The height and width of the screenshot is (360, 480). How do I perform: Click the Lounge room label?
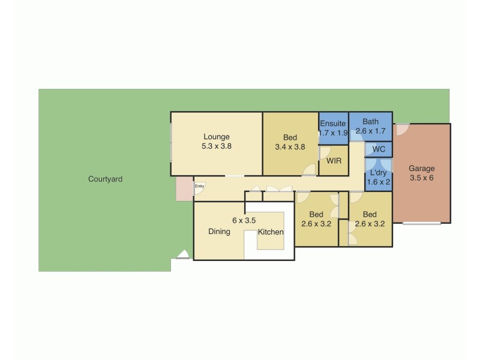216,137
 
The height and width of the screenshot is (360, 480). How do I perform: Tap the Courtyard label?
105,179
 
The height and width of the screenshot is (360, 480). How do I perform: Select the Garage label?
422,169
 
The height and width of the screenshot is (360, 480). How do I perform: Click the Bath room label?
370,121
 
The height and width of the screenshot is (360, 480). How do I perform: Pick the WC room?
379,149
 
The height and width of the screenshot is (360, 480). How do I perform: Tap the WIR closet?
334,161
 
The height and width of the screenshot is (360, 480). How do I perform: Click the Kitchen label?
271,232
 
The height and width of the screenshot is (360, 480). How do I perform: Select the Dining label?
219,232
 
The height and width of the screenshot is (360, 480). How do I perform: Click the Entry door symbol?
199,187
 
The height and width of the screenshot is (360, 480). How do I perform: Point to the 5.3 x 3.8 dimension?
217,146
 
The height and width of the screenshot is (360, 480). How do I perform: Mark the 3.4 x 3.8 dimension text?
290,146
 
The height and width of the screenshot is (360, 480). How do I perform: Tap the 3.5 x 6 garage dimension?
422,178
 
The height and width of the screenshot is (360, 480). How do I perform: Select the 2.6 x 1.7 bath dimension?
370,130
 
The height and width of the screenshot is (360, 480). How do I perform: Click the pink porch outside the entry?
184,189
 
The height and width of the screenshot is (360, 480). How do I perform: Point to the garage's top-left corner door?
401,128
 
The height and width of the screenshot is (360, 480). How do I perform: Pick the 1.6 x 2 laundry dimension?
378,181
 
